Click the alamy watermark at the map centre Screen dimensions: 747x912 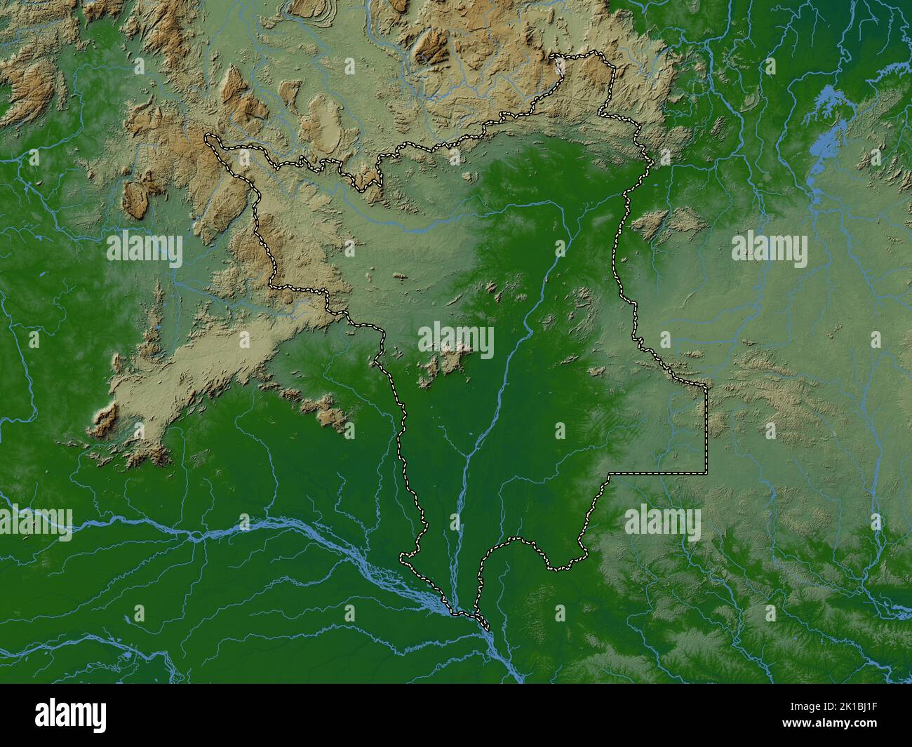[x=456, y=340]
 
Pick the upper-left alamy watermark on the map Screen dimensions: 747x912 [x=145, y=250]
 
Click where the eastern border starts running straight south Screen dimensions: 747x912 [x=706, y=386]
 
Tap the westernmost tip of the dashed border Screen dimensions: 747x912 [x=206, y=139]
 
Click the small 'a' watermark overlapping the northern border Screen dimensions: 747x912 [x=559, y=66]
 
